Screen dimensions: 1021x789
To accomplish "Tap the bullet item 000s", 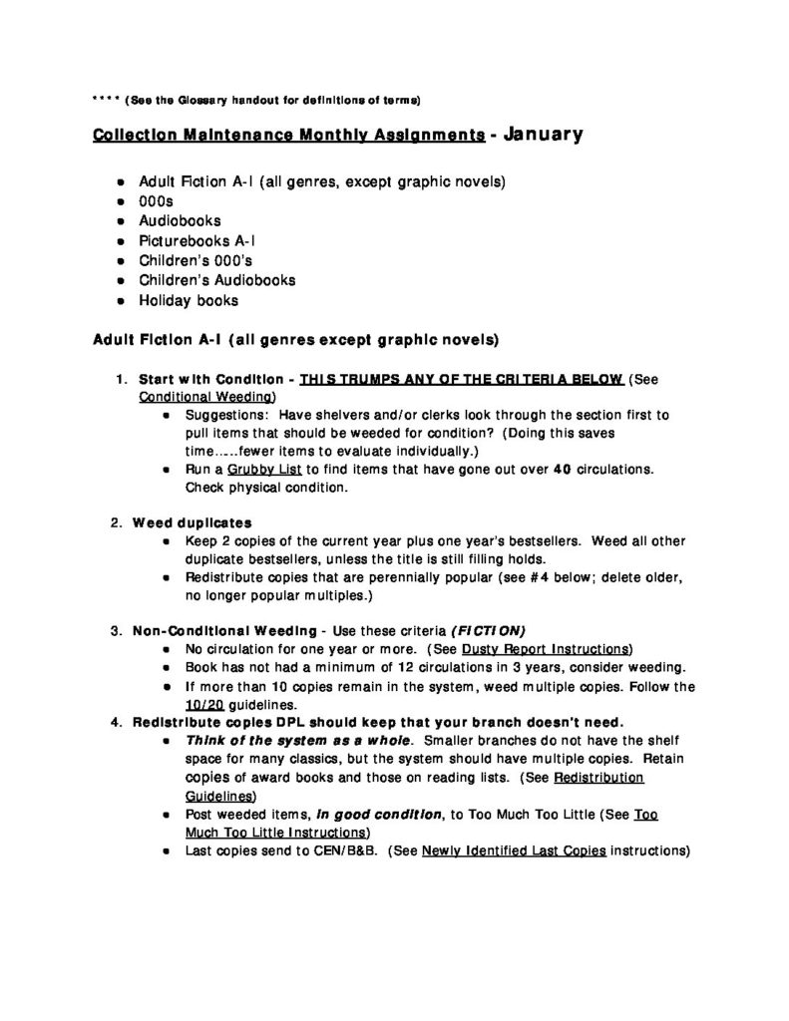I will (x=157, y=201).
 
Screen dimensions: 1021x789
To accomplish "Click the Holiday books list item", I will (x=189, y=300).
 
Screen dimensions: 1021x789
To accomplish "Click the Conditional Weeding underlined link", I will (x=199, y=396).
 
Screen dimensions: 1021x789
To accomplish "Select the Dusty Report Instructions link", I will (x=561, y=648).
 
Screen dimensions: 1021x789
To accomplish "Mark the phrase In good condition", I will (x=380, y=815).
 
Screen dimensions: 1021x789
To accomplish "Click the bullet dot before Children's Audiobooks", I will (x=121, y=281).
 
